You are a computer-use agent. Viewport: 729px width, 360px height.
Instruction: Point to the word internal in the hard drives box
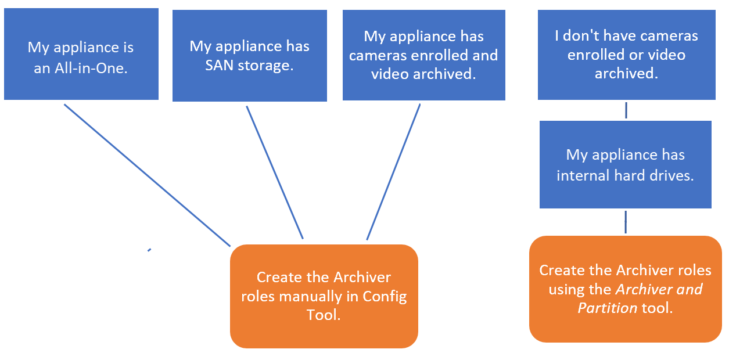click(x=582, y=175)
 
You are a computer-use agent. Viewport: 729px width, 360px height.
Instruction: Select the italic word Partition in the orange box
click(x=608, y=308)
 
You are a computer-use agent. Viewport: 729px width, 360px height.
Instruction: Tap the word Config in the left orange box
click(x=385, y=297)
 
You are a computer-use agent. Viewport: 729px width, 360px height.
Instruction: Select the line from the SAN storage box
click(x=275, y=172)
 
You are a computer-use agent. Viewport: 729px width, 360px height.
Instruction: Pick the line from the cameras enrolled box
click(x=393, y=172)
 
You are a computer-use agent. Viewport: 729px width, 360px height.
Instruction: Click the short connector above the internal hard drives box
click(x=626, y=110)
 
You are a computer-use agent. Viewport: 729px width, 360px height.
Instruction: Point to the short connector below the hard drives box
click(x=626, y=222)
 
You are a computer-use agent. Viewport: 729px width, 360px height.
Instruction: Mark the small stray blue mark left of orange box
click(x=149, y=250)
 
